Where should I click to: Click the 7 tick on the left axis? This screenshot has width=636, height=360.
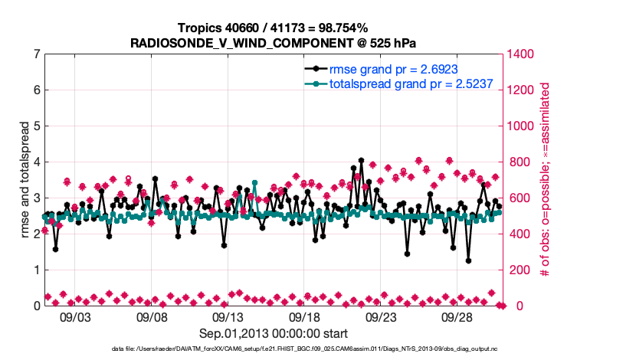coord(36,54)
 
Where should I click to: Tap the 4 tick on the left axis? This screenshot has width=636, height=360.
coord(36,162)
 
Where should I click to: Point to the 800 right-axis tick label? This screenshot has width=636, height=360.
coord(518,162)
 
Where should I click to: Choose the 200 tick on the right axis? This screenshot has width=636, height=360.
coord(518,270)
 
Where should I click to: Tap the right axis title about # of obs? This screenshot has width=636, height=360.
coord(546,179)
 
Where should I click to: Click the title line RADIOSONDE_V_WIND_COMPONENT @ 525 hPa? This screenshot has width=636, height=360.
coord(274,41)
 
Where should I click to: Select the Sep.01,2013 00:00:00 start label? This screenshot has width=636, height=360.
coord(274,333)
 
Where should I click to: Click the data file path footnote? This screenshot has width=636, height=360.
coord(318,349)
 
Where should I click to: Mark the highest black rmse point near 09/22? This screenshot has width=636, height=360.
coord(361,161)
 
